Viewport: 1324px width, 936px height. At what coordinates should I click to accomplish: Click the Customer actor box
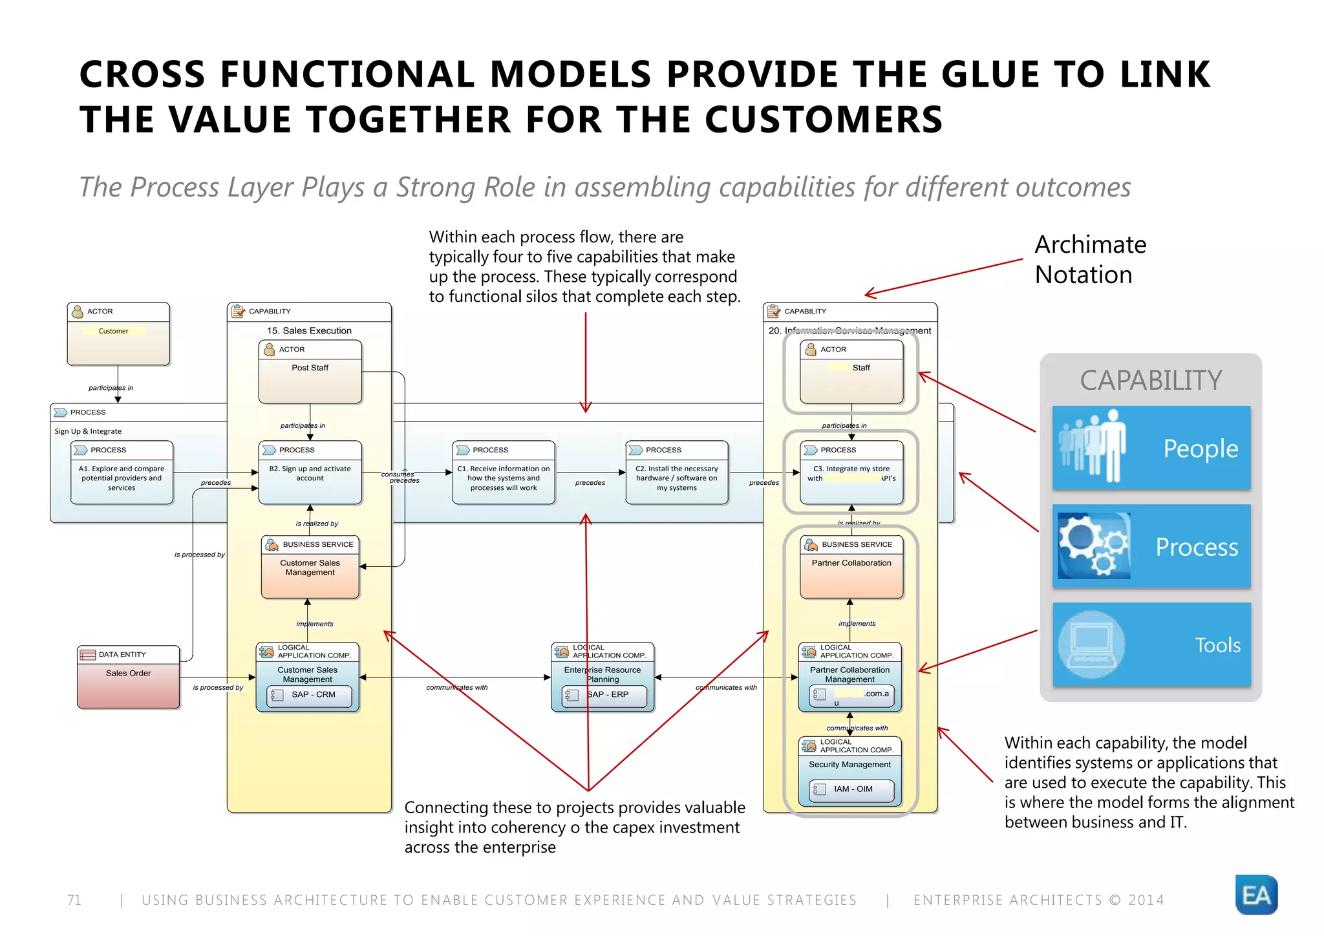click(118, 334)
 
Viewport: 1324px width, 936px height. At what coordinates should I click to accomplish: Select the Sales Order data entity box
click(129, 677)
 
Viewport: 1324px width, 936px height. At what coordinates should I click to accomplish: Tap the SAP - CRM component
click(310, 695)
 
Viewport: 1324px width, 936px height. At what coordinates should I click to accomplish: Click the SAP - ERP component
click(604, 695)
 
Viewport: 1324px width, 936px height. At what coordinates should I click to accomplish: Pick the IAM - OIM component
click(851, 789)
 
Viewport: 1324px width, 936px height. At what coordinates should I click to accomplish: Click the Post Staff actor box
click(310, 372)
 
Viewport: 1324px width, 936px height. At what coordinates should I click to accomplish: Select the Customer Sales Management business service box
click(310, 568)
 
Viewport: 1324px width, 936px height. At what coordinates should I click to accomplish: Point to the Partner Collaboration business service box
click(851, 568)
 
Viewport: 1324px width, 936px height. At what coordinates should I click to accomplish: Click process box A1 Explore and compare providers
click(122, 473)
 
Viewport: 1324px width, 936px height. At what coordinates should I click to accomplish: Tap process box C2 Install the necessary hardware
click(677, 473)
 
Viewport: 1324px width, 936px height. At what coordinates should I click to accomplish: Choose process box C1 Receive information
click(504, 473)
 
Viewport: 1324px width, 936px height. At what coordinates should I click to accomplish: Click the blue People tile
click(1151, 448)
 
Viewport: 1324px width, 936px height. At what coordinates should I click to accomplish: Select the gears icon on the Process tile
click(1094, 546)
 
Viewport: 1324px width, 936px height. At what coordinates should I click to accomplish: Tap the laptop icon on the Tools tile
click(1092, 644)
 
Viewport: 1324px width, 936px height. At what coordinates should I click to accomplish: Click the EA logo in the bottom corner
click(1256, 895)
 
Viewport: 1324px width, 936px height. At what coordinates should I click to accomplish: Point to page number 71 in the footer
click(74, 900)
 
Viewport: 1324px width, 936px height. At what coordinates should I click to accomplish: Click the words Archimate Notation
click(1090, 260)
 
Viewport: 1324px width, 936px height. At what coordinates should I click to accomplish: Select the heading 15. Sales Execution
click(309, 330)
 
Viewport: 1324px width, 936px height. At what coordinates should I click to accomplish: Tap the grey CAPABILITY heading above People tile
click(1151, 380)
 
